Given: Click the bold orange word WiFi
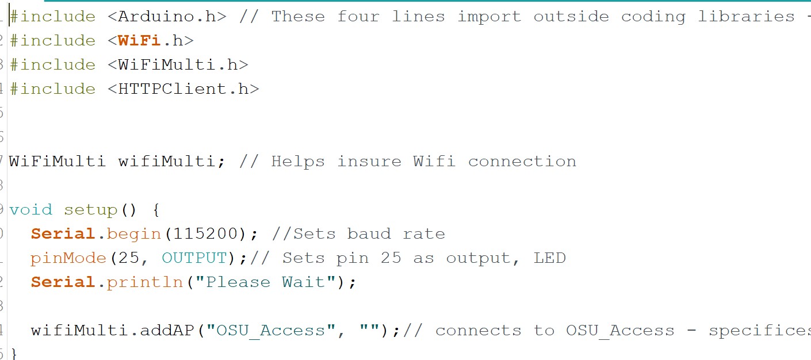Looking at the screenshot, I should pyautogui.click(x=139, y=41).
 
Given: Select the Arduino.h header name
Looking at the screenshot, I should pyautogui.click(x=167, y=17).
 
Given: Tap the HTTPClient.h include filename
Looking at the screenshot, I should pyautogui.click(x=183, y=89).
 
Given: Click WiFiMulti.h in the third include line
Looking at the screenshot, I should pyautogui.click(x=178, y=65).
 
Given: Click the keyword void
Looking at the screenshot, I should pyautogui.click(x=30, y=210).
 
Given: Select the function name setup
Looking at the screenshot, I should pyautogui.click(x=90, y=210).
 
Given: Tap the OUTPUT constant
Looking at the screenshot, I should pyautogui.click(x=194, y=258).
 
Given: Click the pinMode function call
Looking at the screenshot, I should pyautogui.click(x=68, y=258).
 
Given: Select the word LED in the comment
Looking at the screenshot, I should pyautogui.click(x=549, y=258).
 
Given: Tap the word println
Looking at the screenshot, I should pyautogui.click(x=145, y=282).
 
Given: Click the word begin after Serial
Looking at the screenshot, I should pyautogui.click(x=134, y=234).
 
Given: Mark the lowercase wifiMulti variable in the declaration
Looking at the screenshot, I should pyautogui.click(x=166, y=162).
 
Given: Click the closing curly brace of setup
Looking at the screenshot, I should pyautogui.click(x=14, y=353).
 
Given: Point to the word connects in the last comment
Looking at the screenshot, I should pyautogui.click(x=478, y=331).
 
